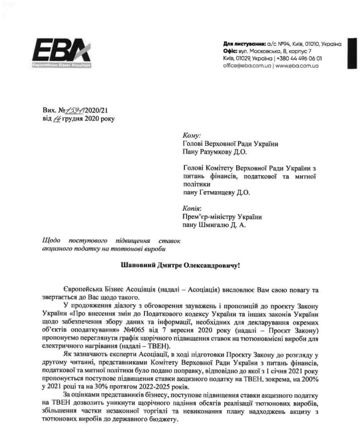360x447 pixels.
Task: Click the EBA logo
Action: [x=62, y=53]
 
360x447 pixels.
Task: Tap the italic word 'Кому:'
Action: [x=191, y=135]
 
